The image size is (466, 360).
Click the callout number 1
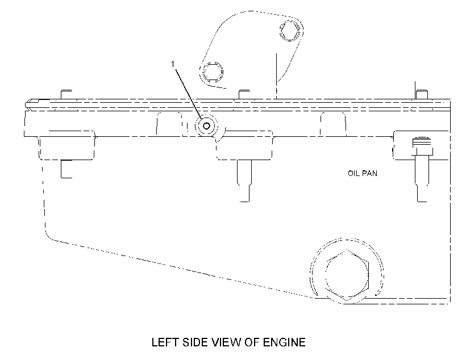pos(173,64)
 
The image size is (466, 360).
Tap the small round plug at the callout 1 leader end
pos(206,126)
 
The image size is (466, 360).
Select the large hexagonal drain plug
pos(347,275)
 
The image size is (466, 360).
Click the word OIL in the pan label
pos(353,173)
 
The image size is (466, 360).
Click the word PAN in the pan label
pos(370,173)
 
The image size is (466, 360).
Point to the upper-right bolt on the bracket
pos(290,31)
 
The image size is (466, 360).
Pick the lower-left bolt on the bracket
pos(213,72)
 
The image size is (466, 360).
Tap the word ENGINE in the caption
pos(284,342)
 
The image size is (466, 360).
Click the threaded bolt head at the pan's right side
pos(422,146)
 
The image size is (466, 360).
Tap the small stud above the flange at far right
pos(422,94)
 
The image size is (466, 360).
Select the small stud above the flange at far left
pos(66,94)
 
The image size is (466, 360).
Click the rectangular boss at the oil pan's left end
pos(66,145)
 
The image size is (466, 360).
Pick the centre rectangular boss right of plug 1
pos(244,145)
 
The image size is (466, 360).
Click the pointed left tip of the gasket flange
pos(26,105)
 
